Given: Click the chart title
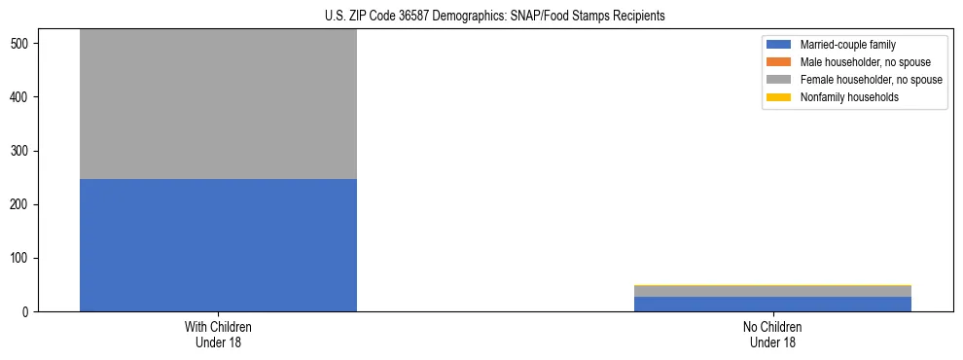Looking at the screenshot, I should click(x=495, y=17).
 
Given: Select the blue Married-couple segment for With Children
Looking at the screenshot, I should click(x=218, y=245).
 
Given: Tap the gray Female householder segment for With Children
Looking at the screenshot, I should click(x=218, y=104).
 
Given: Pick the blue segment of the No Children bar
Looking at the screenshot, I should click(x=772, y=304).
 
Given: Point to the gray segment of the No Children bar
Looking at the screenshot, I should click(x=772, y=291).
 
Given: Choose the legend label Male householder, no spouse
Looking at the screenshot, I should click(x=858, y=62).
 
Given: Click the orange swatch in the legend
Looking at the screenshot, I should click(x=779, y=62).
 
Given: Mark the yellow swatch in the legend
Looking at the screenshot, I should click(x=779, y=97).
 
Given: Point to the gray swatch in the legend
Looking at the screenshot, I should click(x=779, y=80).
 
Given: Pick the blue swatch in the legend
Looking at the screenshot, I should click(x=779, y=45).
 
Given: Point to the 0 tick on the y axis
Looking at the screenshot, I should click(x=29, y=311).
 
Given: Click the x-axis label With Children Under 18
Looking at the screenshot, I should click(x=218, y=334).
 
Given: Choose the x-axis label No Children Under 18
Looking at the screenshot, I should click(x=772, y=334).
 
